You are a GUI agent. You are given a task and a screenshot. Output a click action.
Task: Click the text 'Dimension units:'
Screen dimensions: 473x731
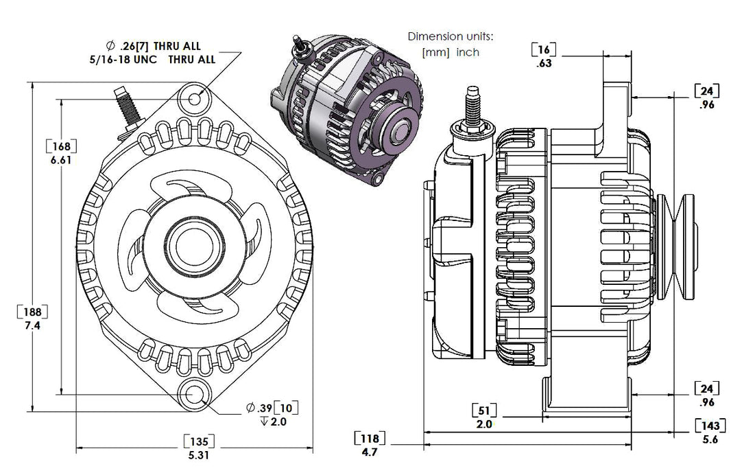coord(450,36)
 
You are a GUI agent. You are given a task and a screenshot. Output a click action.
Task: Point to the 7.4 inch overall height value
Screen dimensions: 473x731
coord(32,326)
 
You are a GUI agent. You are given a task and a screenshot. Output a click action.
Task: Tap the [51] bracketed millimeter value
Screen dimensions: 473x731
coord(484,411)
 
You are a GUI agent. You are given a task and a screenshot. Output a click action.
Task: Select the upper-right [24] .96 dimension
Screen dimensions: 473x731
coord(707,97)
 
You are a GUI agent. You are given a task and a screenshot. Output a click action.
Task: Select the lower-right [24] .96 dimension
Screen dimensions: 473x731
coord(707,395)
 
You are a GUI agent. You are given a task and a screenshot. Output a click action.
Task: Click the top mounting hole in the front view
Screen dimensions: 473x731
coord(195,100)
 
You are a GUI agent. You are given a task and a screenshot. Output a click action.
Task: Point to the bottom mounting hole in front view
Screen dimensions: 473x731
coord(193,395)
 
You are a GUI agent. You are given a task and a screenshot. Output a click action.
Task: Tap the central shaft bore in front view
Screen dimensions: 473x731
coord(193,246)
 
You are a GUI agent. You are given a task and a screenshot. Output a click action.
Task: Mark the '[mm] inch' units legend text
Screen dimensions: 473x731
coord(451,52)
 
